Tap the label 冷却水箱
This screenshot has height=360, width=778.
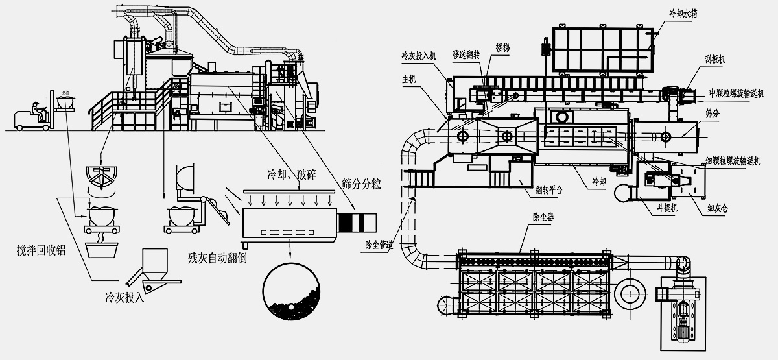(x=687, y=12)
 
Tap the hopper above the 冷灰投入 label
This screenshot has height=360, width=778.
(x=154, y=263)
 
